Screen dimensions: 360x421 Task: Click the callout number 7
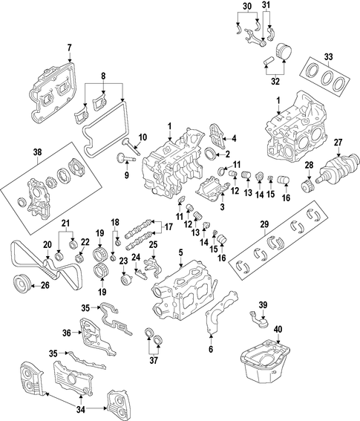(69, 48)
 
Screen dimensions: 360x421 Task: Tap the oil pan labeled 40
(265, 363)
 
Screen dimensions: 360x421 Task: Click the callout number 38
(37, 152)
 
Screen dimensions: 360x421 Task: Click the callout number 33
(328, 57)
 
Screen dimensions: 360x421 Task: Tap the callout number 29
(264, 224)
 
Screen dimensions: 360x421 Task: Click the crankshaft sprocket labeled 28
(307, 186)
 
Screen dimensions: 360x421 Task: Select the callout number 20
(47, 244)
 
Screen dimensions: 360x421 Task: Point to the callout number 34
(81, 410)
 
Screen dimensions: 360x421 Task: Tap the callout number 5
(180, 252)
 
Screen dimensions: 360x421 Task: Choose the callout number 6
(211, 349)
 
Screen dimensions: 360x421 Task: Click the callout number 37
(154, 360)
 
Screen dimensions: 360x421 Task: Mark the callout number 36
(67, 333)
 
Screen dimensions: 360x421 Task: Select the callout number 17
(168, 227)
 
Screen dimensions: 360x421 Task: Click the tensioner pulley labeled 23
(125, 281)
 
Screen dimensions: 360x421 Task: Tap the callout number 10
(143, 137)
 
